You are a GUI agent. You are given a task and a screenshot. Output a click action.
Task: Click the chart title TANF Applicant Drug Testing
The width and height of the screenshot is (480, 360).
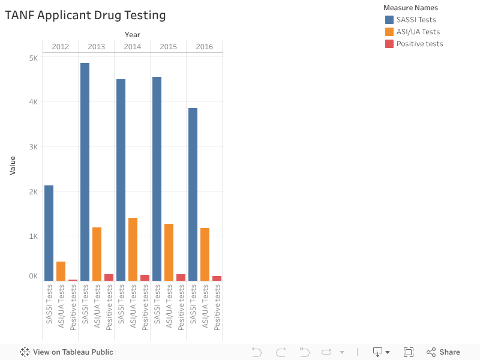85,16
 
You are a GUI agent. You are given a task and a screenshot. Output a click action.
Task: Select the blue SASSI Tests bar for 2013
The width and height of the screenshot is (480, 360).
85,172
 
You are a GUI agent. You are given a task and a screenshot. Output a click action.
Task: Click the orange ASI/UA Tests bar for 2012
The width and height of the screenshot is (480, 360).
61,271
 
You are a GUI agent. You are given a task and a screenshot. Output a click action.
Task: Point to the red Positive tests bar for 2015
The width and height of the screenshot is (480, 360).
181,277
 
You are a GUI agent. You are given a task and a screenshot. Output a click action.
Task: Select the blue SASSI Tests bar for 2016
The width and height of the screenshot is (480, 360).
193,194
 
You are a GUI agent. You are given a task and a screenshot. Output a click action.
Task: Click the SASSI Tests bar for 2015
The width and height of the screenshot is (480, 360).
157,179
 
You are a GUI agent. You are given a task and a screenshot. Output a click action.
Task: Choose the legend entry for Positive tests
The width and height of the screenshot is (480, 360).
419,44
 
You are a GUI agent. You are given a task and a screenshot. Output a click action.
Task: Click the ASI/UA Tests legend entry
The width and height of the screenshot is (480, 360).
418,32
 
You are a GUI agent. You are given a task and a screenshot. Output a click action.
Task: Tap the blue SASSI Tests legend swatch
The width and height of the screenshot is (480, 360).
389,20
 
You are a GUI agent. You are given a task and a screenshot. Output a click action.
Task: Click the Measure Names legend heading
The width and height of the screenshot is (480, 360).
410,8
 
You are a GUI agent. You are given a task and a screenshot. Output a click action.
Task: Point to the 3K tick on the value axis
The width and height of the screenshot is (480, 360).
33,147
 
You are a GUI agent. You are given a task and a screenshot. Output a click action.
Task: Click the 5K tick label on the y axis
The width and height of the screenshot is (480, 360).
33,58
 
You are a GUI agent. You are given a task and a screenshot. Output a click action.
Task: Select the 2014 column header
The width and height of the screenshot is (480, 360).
133,46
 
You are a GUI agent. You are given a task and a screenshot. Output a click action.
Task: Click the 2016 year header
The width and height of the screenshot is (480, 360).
204,46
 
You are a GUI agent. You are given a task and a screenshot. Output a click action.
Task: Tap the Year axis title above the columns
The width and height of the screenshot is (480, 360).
133,34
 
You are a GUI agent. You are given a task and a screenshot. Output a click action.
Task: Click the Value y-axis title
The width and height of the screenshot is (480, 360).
13,165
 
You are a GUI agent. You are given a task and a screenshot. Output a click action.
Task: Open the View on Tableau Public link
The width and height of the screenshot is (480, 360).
67,352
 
